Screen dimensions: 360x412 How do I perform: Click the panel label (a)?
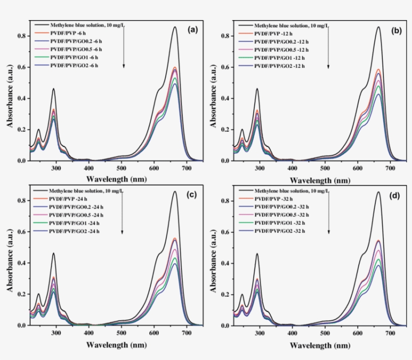click(x=191, y=30)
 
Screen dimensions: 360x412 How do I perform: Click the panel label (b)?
click(x=396, y=30)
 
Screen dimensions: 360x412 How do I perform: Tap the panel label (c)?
click(x=191, y=195)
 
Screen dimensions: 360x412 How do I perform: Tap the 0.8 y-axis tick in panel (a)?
click(x=21, y=36)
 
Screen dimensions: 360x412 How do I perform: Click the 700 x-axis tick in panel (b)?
click(x=390, y=168)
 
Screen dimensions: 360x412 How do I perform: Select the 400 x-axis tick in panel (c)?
click(x=88, y=332)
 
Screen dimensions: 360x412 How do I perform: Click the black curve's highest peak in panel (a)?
click(x=175, y=27)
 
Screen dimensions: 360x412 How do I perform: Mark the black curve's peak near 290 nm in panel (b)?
click(x=257, y=89)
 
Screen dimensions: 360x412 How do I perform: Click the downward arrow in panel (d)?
click(x=328, y=211)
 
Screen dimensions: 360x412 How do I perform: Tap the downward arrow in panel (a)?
click(x=124, y=46)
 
